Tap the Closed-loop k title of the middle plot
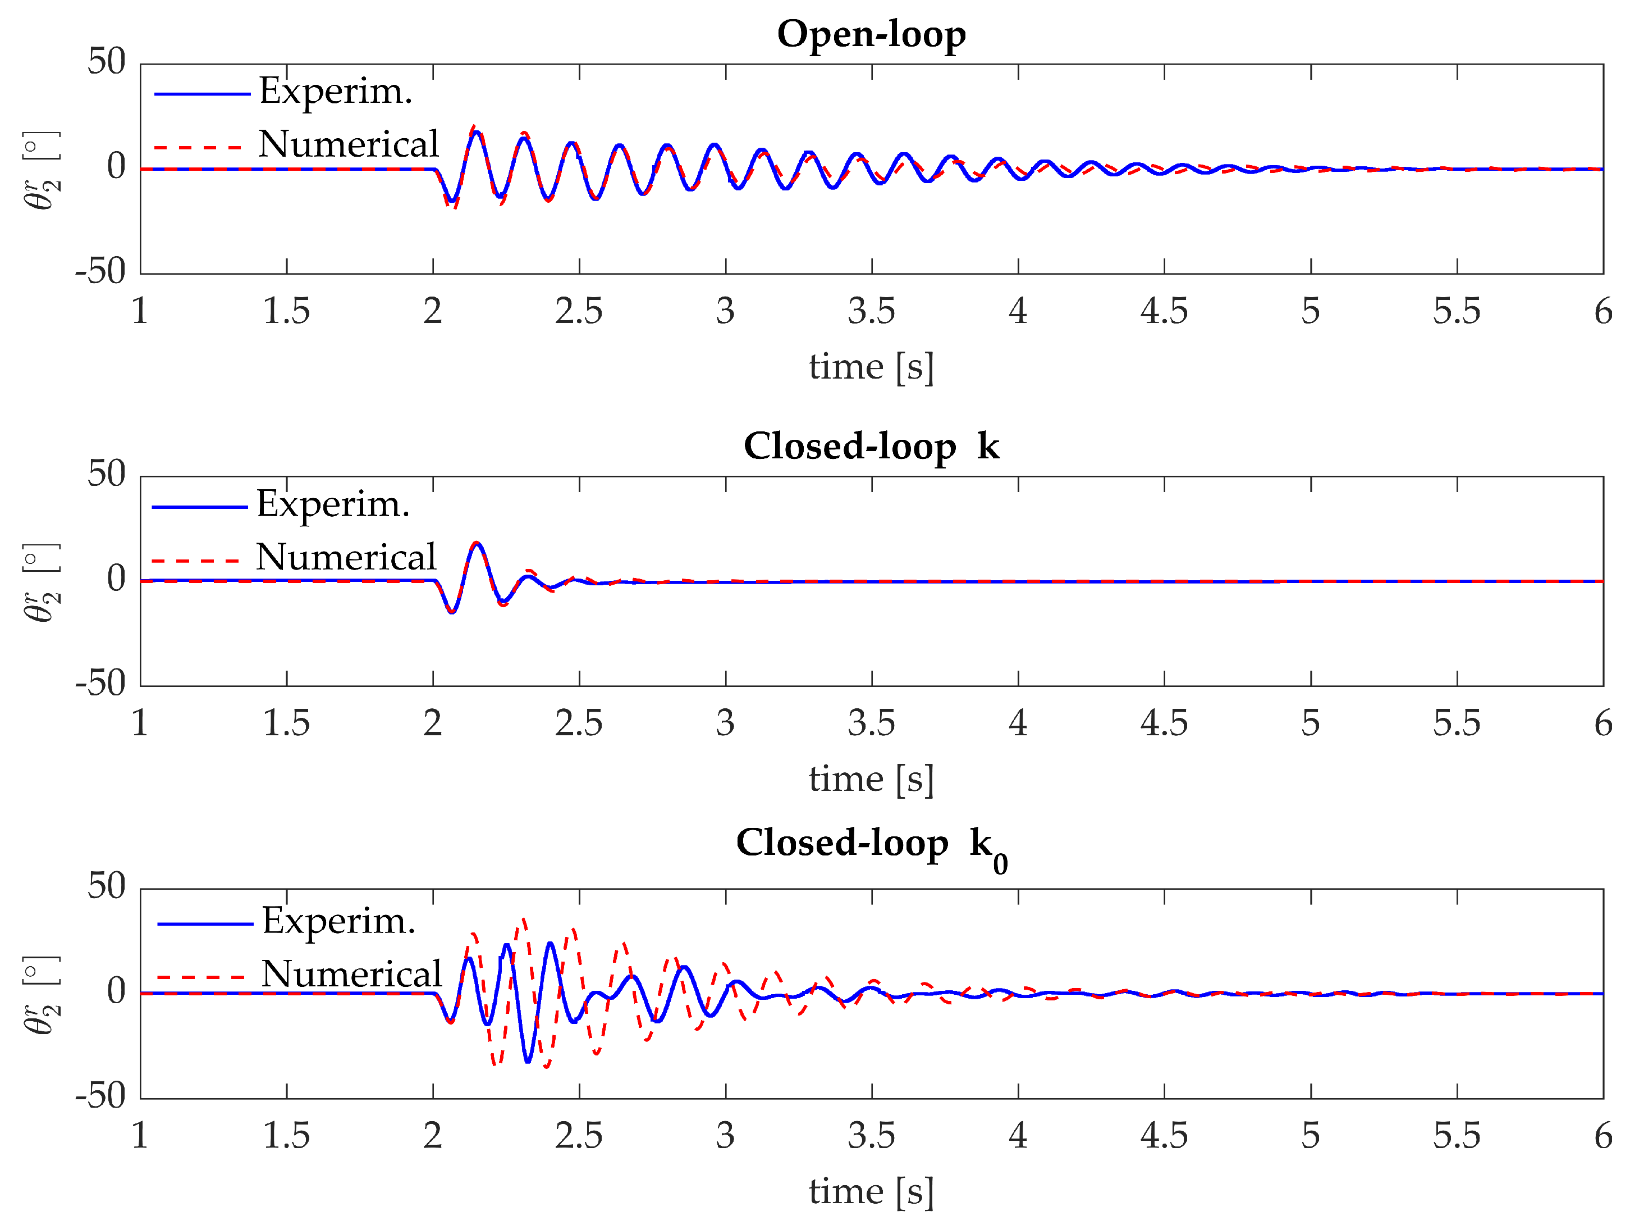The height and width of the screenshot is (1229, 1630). tap(871, 447)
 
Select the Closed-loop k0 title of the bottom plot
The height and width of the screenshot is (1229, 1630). tap(871, 844)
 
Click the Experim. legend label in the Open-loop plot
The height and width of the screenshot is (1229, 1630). tap(335, 92)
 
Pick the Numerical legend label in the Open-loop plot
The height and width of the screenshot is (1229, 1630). tap(349, 144)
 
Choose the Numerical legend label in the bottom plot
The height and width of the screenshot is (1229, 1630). tap(351, 975)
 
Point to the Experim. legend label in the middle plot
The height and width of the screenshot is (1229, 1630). tap(333, 505)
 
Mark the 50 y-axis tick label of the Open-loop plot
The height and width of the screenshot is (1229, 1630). tap(106, 62)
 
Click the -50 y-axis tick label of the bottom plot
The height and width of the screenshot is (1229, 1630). tap(100, 1097)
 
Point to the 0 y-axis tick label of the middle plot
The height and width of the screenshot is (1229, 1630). tap(116, 580)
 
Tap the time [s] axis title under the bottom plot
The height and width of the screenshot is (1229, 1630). tap(871, 1192)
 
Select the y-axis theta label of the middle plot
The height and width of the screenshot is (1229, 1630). tap(42, 582)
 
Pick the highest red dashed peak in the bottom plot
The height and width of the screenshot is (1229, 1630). tap(524, 920)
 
